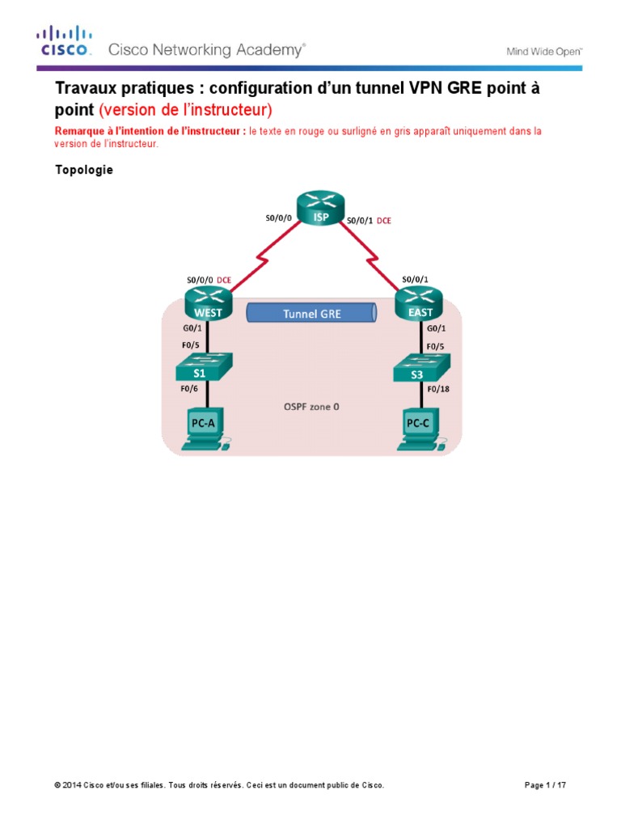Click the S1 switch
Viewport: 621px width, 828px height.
click(x=205, y=368)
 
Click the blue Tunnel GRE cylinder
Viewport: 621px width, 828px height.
click(x=311, y=314)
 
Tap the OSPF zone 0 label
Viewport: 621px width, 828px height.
click(x=310, y=407)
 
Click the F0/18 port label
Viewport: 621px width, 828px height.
click(x=437, y=390)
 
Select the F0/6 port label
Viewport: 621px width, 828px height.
click(x=187, y=390)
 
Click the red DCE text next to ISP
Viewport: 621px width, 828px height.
click(x=384, y=219)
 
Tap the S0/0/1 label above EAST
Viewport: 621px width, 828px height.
click(x=416, y=280)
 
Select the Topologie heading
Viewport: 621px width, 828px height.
click(x=84, y=170)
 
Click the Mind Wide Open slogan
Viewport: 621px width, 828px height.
click(x=544, y=51)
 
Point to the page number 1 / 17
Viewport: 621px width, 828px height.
click(x=558, y=785)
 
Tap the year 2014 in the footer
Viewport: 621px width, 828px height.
click(x=74, y=785)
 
